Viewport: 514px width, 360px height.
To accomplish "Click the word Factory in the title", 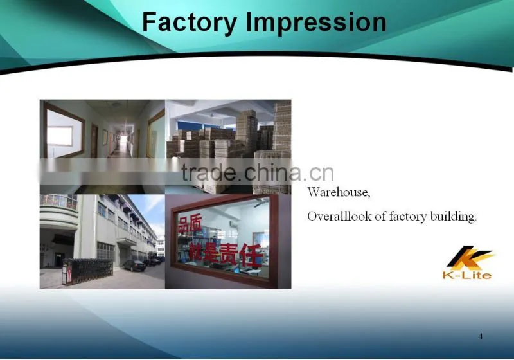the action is click(190, 22).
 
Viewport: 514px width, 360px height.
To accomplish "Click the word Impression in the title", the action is click(316, 22).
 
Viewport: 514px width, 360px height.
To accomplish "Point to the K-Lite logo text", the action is click(467, 274).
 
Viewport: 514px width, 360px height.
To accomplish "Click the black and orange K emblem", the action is click(470, 257).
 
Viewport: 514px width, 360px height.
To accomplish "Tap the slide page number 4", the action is click(481, 336).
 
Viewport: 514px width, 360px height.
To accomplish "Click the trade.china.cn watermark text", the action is click(258, 173).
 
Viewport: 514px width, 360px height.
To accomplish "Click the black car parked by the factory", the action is click(134, 265).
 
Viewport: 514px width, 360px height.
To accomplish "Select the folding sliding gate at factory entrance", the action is click(87, 271).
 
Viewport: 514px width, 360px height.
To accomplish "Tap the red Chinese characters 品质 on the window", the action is click(190, 224).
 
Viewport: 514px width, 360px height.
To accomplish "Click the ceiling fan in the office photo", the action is click(261, 203).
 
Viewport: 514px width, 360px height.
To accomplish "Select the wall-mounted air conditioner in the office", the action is click(235, 224).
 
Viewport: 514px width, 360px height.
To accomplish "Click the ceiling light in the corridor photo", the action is click(116, 105).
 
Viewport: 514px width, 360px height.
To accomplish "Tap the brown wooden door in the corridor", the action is click(94, 141).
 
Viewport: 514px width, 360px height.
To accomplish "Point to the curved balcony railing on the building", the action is click(59, 202).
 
